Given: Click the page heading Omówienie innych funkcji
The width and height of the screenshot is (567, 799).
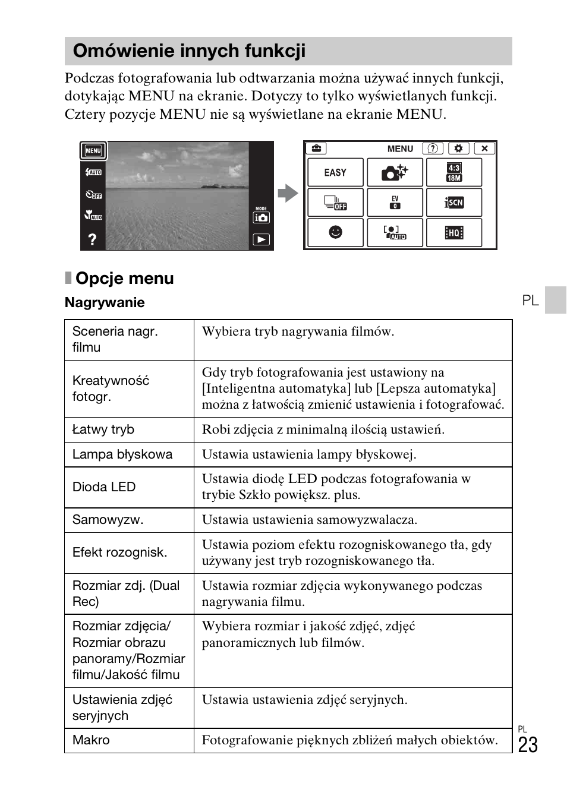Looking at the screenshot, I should click(189, 51).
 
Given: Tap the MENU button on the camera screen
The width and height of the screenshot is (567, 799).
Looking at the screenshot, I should click(93, 151).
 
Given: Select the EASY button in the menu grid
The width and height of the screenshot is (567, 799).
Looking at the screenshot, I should click(335, 173).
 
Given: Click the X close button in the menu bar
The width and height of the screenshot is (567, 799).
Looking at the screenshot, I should click(484, 149).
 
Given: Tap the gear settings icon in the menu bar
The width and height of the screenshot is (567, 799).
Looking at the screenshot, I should click(458, 149).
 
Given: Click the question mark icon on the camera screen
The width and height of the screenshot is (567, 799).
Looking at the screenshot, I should click(92, 239).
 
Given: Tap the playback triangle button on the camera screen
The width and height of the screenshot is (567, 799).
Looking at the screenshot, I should click(262, 239).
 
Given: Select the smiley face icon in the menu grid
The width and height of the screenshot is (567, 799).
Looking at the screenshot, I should click(335, 232).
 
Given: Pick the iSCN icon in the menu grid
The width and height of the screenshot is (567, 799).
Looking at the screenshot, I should click(454, 203).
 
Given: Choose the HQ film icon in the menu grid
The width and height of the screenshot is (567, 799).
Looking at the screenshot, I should click(454, 232).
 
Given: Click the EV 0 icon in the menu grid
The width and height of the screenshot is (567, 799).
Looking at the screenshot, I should click(395, 203).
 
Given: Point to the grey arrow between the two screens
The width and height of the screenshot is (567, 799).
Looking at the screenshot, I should click(288, 193).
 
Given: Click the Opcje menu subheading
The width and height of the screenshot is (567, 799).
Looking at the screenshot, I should click(124, 278).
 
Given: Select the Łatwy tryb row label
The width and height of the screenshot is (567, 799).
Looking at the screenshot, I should click(103, 429).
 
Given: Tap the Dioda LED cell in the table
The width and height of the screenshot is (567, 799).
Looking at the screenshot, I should click(104, 487).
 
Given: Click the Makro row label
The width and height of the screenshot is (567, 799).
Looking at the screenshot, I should click(91, 740).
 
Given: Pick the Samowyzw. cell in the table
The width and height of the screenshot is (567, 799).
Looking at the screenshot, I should click(108, 520).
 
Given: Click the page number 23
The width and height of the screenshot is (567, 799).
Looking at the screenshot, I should click(527, 745).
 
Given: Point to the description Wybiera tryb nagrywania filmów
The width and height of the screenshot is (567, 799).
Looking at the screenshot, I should click(298, 331).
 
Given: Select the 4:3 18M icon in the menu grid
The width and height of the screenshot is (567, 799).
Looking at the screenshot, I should click(454, 173).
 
